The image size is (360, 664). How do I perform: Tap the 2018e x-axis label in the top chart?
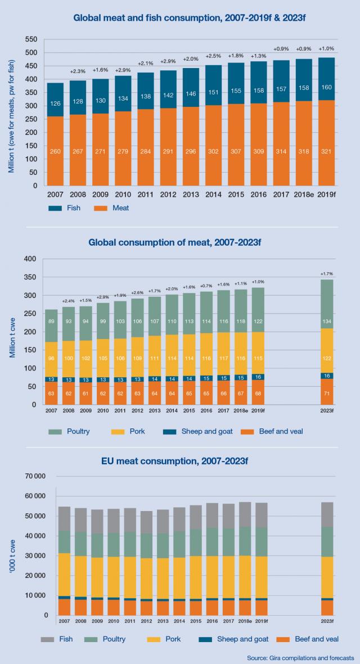click(304, 194)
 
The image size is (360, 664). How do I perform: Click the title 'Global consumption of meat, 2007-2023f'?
click(179, 243)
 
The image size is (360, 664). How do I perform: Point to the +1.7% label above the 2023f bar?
click(326, 274)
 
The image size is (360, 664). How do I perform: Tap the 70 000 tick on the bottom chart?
click(35, 476)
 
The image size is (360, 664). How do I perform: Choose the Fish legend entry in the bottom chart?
click(56, 639)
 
